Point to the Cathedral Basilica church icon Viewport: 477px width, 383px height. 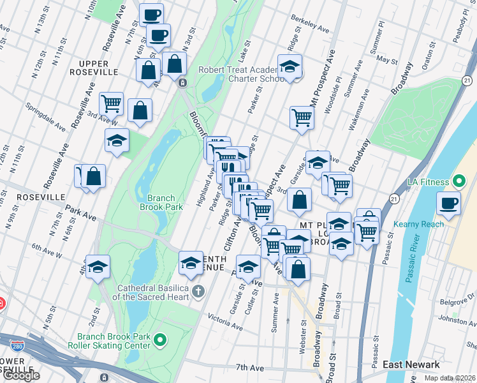click(x=198, y=292)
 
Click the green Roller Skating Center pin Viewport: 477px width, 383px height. click(x=160, y=340)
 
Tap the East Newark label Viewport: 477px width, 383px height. click(x=411, y=364)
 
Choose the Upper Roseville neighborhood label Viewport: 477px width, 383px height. click(x=95, y=63)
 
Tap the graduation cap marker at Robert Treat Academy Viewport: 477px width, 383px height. click(x=290, y=66)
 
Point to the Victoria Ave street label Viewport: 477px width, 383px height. click(x=225, y=322)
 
